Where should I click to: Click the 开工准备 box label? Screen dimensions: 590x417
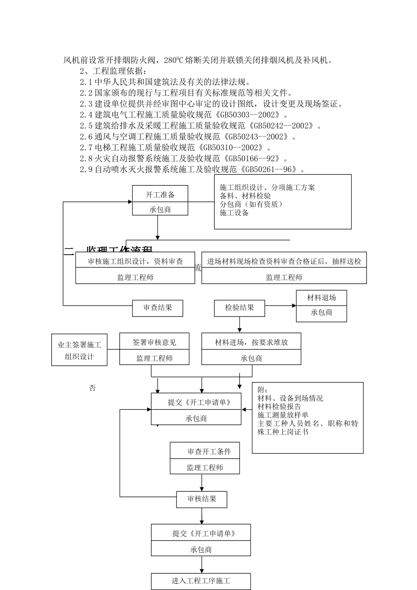[x=160, y=195]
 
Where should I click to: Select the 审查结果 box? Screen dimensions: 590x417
[x=158, y=308]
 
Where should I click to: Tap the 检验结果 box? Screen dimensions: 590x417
[x=240, y=308]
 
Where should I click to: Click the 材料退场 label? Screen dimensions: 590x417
[x=321, y=298]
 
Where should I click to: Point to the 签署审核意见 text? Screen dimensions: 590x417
[x=155, y=342]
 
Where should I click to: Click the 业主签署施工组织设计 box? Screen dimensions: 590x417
[x=79, y=350]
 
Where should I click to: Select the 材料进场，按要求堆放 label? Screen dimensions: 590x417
[x=251, y=342]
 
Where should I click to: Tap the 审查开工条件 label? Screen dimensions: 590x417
[x=209, y=451]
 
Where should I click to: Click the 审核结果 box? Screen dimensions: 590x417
[x=202, y=499]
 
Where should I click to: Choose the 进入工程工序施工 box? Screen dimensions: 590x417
[x=201, y=581]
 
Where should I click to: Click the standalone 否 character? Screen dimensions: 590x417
[x=92, y=388]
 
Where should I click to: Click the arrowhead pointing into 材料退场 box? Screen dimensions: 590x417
[x=294, y=305]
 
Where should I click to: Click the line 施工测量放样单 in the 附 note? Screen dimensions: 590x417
[x=283, y=415]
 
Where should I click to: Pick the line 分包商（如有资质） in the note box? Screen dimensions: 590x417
[x=251, y=204]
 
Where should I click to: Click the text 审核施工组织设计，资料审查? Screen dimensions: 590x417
[x=135, y=261]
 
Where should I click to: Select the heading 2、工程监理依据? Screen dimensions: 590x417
[x=113, y=71]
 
